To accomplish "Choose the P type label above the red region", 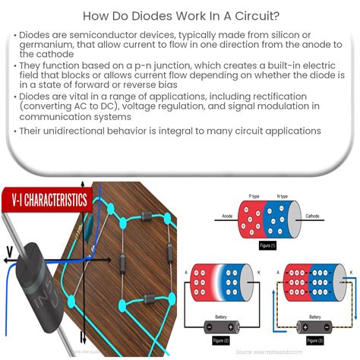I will (255, 195).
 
